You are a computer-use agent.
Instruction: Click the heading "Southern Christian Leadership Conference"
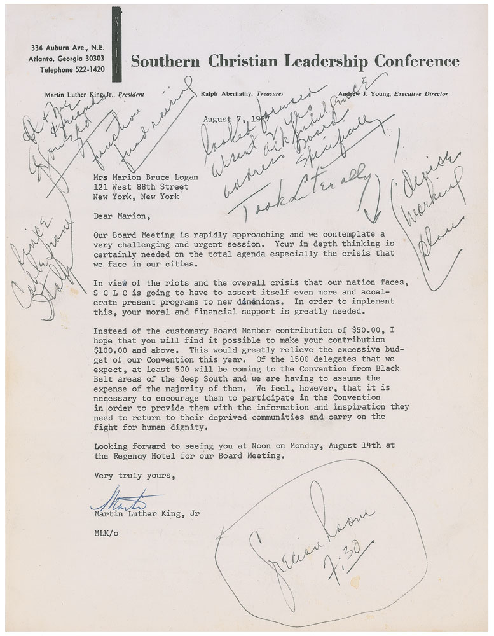tap(294, 62)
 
